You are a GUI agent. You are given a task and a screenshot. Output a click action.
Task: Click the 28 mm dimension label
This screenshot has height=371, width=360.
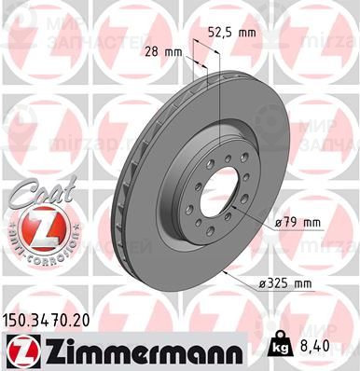[x=165, y=51]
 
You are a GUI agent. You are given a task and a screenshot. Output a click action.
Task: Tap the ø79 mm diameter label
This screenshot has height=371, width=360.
[x=297, y=223]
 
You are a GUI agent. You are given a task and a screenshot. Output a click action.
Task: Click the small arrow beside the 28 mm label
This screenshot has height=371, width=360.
[x=190, y=58]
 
